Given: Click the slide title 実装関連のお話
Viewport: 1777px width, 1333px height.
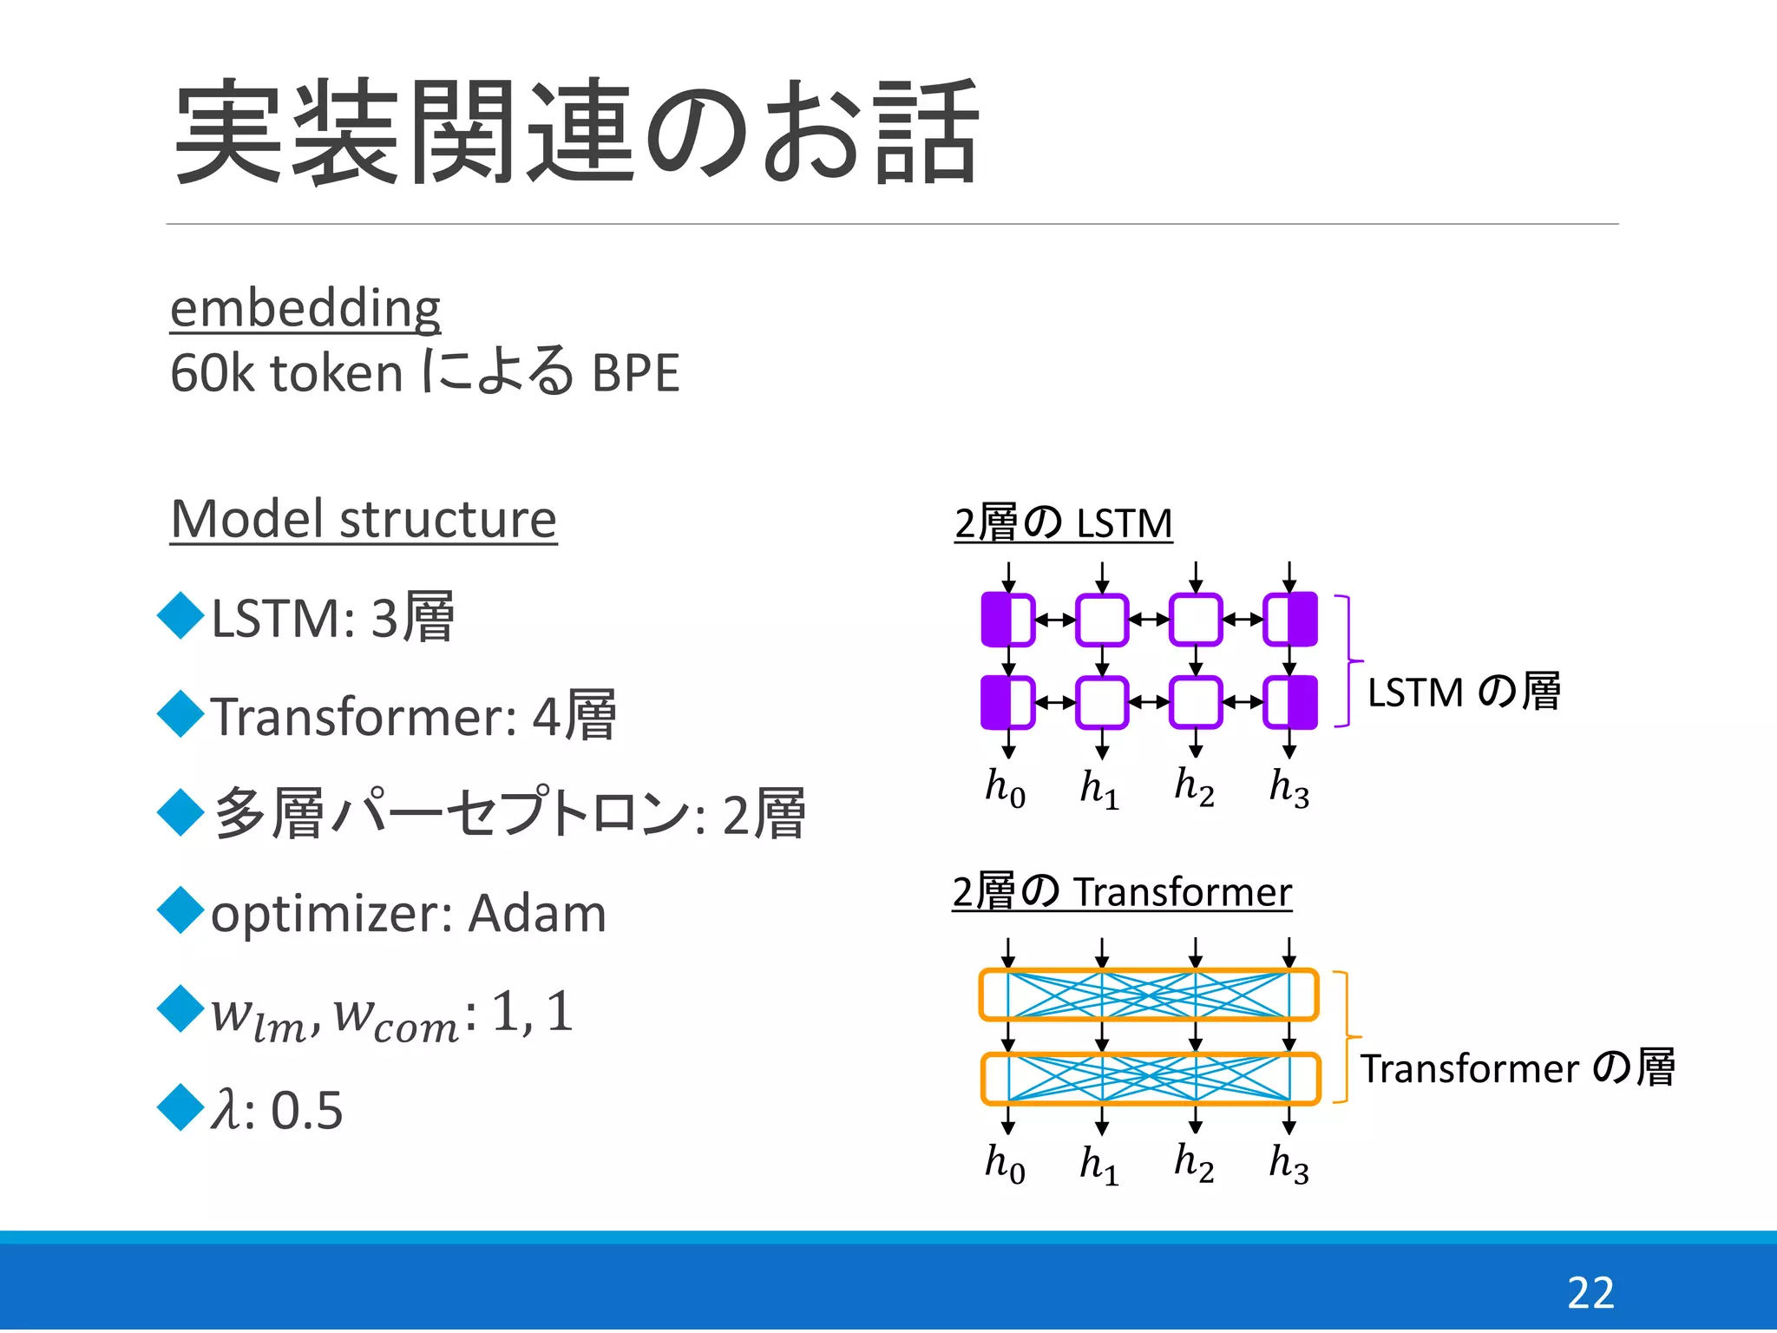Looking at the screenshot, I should click(x=577, y=132).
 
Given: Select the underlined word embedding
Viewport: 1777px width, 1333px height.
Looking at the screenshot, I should click(x=305, y=308).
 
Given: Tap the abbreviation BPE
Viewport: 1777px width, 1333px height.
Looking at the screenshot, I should click(x=635, y=373).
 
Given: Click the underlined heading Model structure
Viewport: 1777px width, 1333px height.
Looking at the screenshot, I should click(x=364, y=519).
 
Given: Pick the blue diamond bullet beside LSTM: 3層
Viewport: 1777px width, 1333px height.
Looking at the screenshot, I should click(x=180, y=615).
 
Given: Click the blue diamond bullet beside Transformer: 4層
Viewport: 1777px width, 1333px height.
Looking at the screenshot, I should click(x=180, y=713).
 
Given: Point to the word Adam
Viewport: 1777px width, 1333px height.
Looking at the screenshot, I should click(x=537, y=914).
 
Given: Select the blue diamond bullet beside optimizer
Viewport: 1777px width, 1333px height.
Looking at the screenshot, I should click(x=180, y=910).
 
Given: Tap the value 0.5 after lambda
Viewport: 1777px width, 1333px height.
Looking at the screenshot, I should click(x=306, y=1110).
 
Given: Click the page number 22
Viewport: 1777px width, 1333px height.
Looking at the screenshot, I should click(x=1590, y=1293).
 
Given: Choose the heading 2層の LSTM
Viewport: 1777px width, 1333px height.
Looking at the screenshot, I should click(x=1063, y=523).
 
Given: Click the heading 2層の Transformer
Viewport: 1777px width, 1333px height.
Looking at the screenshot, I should click(x=1122, y=892).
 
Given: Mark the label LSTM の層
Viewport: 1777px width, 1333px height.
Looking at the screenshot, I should click(x=1464, y=693).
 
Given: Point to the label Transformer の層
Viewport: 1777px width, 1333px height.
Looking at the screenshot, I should click(x=1517, y=1068).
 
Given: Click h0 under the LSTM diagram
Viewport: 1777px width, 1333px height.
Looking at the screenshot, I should click(x=1005, y=787).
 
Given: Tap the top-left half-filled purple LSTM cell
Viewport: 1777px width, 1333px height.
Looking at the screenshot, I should click(x=1007, y=620).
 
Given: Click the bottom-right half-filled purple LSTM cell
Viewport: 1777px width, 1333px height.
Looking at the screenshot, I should click(x=1290, y=702).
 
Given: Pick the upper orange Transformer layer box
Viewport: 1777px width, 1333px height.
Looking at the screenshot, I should click(x=1149, y=995).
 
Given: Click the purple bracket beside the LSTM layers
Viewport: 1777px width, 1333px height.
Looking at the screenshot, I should click(x=1348, y=660).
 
